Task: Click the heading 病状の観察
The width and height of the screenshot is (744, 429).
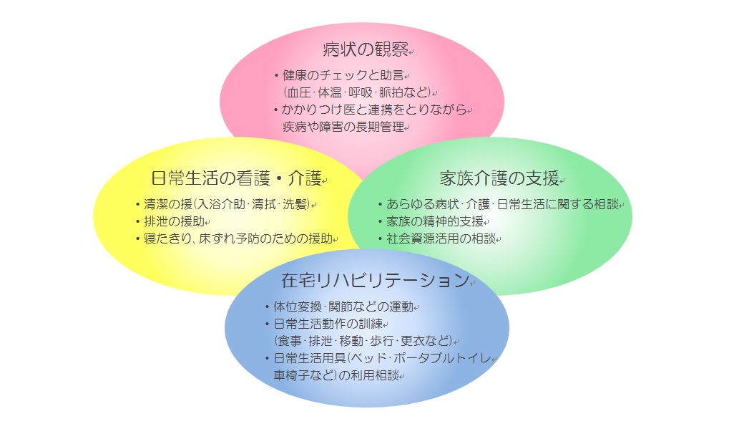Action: [366, 49]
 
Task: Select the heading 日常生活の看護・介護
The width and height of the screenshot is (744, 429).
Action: [236, 178]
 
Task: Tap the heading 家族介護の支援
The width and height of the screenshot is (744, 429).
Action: [499, 178]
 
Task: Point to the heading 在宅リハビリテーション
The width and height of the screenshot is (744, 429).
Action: [376, 280]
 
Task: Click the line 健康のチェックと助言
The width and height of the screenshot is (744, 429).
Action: [343, 75]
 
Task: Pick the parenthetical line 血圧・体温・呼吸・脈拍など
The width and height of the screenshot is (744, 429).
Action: [357, 92]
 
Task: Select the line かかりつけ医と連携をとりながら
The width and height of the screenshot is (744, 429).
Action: [374, 110]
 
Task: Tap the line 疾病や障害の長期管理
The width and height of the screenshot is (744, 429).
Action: [343, 127]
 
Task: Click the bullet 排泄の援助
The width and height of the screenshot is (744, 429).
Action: [174, 221]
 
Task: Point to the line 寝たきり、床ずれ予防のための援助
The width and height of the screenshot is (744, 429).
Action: [238, 238]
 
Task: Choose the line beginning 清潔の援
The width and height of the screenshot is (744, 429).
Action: [227, 204]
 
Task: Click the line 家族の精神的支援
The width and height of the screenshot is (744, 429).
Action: [435, 221]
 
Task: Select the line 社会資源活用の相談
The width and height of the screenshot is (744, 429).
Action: [441, 238]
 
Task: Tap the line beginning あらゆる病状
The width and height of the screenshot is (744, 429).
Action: [502, 204]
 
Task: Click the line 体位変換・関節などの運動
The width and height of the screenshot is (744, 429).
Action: [343, 307]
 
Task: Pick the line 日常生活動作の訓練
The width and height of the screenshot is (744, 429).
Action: [328, 324]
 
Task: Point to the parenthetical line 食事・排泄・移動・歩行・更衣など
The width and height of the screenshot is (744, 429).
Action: [363, 341]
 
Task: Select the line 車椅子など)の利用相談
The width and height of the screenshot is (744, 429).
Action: [336, 375]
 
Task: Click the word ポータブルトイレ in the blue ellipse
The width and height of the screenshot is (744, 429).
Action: [442, 358]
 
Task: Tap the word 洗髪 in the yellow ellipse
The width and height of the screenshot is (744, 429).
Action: [295, 204]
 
